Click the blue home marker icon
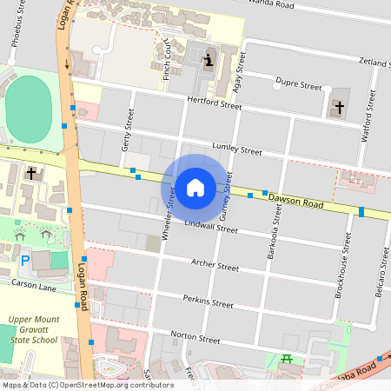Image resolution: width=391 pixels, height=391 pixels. click(195, 188)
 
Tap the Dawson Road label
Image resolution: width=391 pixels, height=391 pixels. click(295, 201)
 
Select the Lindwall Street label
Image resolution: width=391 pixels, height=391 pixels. click(211, 228)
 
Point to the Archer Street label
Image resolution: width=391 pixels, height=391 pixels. click(215, 266)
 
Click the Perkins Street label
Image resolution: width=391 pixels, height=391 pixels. click(209, 302)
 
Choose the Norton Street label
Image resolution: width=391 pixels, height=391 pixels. click(195, 336)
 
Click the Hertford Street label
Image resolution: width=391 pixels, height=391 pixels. click(214, 103)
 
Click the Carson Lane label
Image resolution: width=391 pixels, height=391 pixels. click(33, 284)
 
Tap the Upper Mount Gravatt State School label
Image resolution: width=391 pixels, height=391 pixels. click(33, 330)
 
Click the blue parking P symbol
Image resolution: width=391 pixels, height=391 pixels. click(25, 259)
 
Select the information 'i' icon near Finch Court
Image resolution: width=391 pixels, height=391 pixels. click(208, 59)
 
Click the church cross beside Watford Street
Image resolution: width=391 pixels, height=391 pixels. click(339, 108)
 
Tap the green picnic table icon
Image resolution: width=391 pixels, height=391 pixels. click(287, 358)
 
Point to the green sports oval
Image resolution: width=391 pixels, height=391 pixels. click(28, 106)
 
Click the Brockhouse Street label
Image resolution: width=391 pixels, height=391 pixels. click(343, 275)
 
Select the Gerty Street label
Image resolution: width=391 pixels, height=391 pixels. click(129, 130)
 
